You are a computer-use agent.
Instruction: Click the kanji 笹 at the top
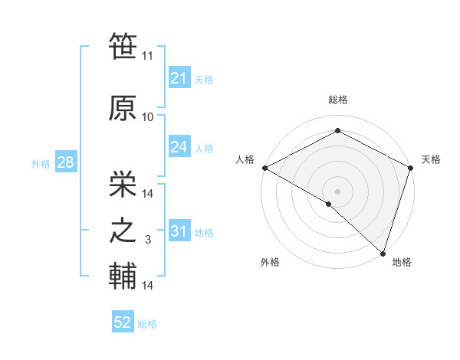[123, 47]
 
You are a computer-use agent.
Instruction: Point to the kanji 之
[123, 231]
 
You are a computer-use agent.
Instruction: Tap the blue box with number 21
[179, 78]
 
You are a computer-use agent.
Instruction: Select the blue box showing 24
[179, 148]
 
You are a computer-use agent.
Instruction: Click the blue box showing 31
[179, 232]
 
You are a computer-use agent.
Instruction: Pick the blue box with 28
[65, 162]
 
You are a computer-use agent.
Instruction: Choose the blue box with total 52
[123, 322]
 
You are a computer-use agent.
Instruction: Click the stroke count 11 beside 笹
[148, 56]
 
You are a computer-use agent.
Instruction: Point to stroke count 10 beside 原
[148, 117]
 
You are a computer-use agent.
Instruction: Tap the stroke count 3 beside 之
[148, 241]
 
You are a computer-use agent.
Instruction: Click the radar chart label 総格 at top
[337, 100]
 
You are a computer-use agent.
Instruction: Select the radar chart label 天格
[431, 159]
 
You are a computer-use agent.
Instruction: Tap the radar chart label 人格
[245, 159]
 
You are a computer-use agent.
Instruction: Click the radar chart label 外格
[270, 262]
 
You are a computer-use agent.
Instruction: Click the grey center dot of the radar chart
[337, 190]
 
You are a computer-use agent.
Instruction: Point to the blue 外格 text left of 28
[41, 163]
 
